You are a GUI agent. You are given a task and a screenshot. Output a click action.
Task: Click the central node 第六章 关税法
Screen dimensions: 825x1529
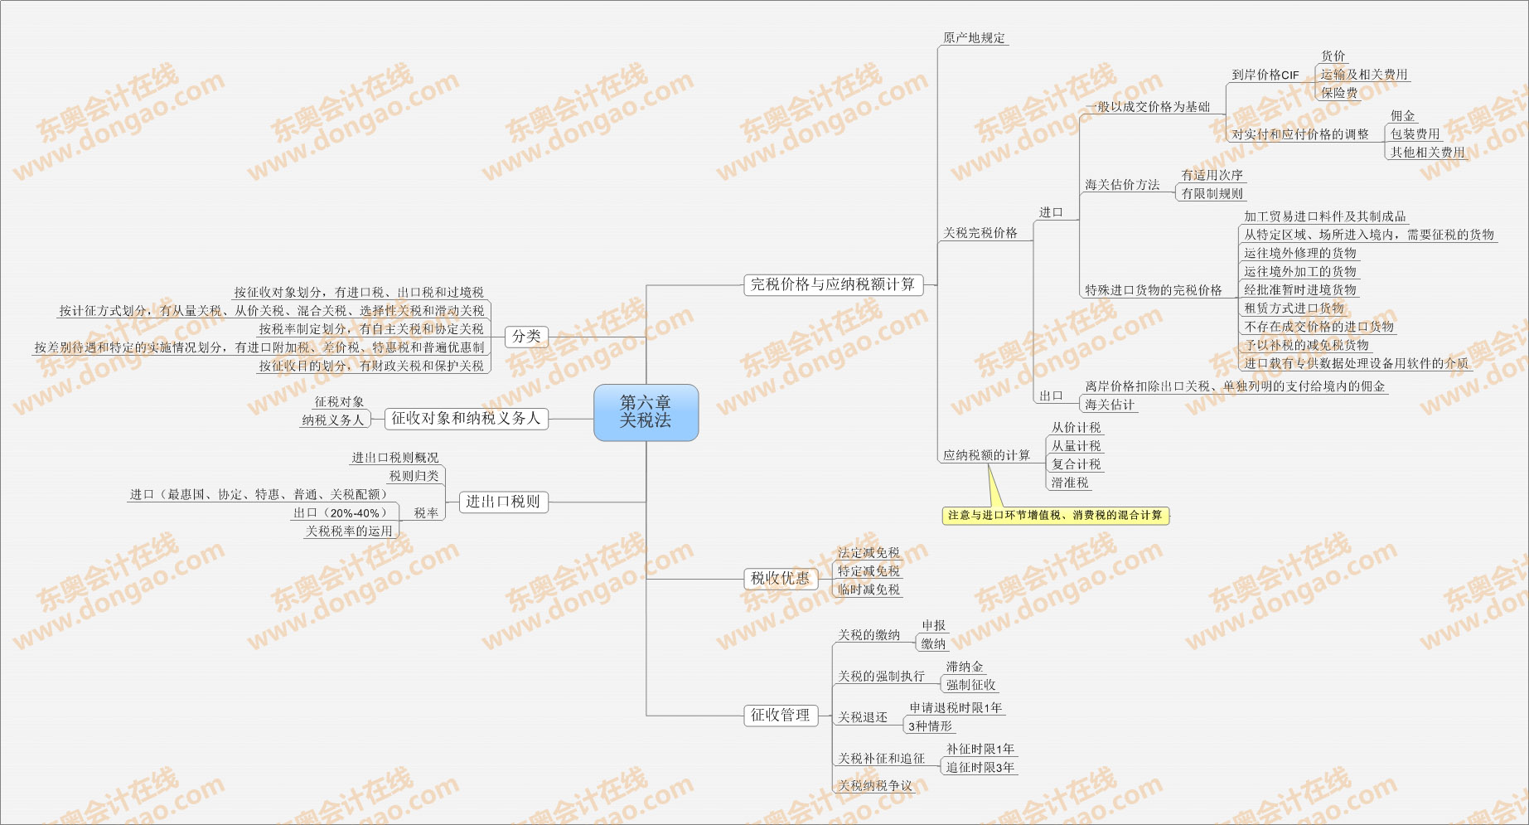pyautogui.click(x=646, y=412)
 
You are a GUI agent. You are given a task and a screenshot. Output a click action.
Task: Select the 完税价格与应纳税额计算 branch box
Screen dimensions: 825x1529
pyautogui.click(x=832, y=284)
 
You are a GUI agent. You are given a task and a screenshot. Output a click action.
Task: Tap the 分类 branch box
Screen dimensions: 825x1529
pyautogui.click(x=526, y=337)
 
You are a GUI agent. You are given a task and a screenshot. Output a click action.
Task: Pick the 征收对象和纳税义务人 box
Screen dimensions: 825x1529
pyautogui.click(x=466, y=419)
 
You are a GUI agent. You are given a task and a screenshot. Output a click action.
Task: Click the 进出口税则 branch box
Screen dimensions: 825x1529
pyautogui.click(x=503, y=502)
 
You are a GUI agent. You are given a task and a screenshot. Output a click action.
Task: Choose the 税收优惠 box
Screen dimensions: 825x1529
pyautogui.click(x=780, y=579)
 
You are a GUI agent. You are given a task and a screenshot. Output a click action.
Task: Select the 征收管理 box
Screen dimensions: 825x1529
pyautogui.click(x=780, y=715)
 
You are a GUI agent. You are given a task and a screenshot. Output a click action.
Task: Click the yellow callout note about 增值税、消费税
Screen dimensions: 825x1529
pyautogui.click(x=1055, y=516)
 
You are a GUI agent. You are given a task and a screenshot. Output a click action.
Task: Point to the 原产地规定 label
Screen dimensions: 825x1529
pyautogui.click(x=974, y=38)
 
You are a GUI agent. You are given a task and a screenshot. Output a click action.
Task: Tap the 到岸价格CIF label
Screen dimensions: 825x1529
pyautogui.click(x=1265, y=75)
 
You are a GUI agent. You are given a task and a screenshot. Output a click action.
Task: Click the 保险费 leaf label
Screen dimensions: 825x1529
pyautogui.click(x=1339, y=93)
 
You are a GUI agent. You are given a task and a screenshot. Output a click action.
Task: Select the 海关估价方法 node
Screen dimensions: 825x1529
pyautogui.click(x=1122, y=185)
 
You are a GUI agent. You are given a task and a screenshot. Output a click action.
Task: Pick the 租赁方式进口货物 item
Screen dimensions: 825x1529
pyautogui.click(x=1294, y=308)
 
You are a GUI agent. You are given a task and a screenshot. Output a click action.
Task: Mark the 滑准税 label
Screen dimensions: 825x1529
pyautogui.click(x=1070, y=483)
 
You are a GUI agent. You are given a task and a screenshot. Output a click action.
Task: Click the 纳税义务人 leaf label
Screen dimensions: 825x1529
pyautogui.click(x=333, y=420)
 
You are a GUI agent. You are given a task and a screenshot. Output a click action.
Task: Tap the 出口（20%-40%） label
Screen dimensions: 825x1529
pyautogui.click(x=340, y=513)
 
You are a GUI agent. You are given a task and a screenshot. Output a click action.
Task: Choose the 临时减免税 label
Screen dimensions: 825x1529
pyautogui.click(x=869, y=590)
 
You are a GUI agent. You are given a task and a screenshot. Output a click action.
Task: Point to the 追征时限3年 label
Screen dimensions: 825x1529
pyautogui.click(x=980, y=768)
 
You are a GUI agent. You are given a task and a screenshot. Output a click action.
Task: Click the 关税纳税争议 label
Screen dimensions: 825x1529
pyautogui.click(x=874, y=786)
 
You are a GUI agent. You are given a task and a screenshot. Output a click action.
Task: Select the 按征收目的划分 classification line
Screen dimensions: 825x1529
pyautogui.click(x=371, y=366)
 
